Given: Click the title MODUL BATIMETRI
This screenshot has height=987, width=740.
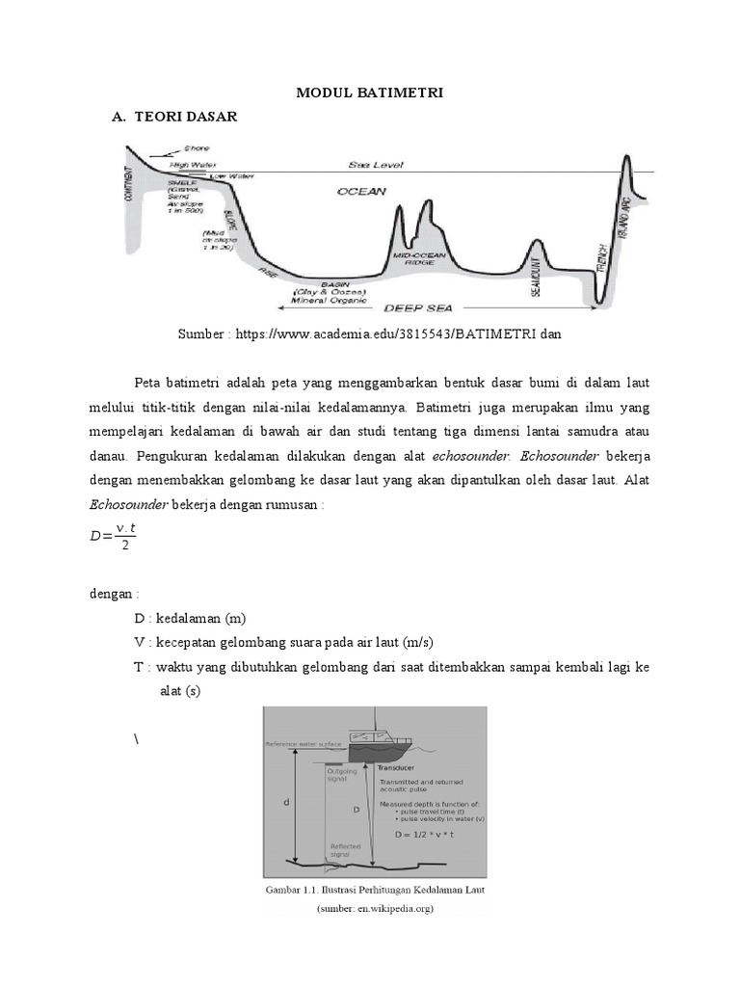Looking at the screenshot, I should coord(369,92).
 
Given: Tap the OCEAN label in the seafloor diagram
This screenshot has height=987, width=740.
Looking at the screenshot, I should coord(360,192).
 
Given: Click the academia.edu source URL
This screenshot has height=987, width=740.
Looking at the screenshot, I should coord(369,333).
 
